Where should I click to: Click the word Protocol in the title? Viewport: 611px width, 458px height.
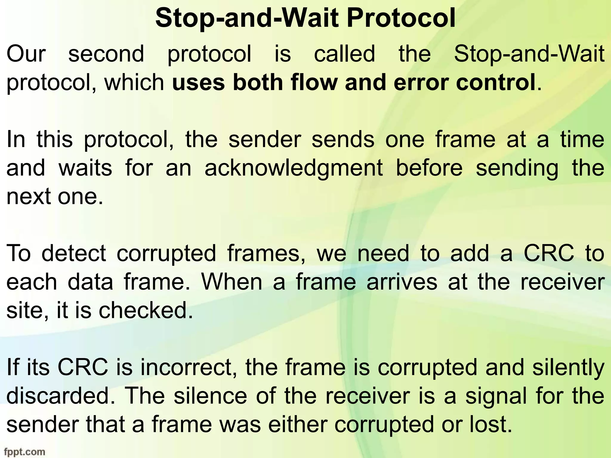[401, 18]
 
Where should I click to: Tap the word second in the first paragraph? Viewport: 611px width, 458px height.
[106, 54]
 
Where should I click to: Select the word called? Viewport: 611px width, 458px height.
[344, 54]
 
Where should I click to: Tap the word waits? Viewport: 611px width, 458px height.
[85, 168]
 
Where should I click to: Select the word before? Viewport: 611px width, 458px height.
[429, 168]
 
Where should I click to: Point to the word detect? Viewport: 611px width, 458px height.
[74, 253]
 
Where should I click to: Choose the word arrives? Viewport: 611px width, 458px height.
[402, 282]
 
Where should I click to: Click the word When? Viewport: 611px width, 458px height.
[232, 282]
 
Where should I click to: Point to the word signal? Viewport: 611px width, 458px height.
[496, 396]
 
